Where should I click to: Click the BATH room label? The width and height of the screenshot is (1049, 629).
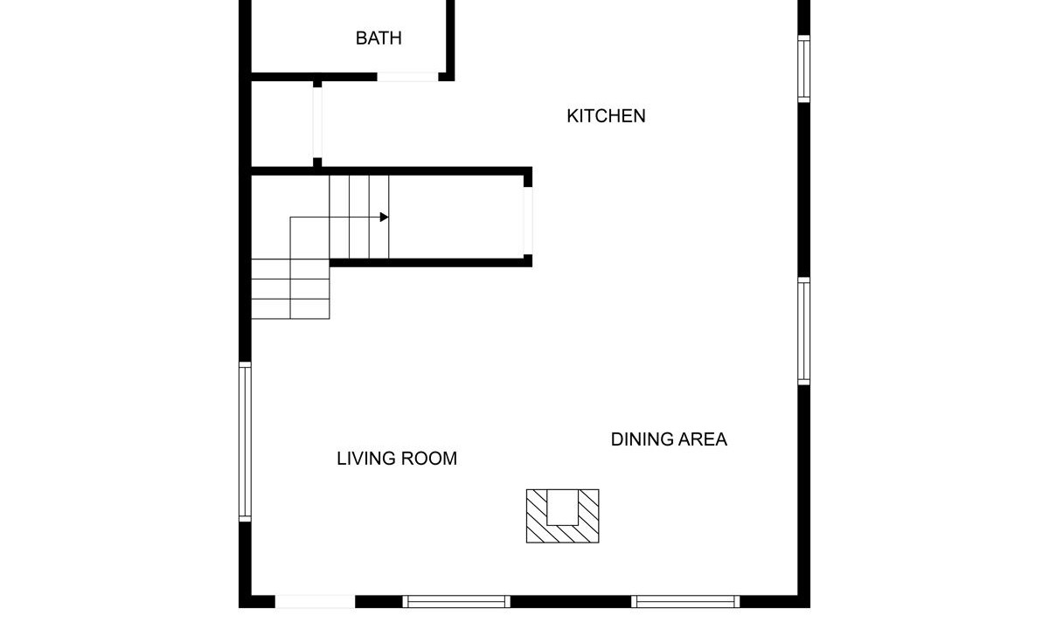coord(379,38)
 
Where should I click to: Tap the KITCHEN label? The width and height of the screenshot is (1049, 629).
coord(606,116)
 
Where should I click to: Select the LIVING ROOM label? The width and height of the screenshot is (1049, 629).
coord(397,459)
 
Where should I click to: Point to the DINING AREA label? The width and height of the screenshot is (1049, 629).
coord(669,439)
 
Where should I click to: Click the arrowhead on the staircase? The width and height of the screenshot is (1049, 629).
coord(384,218)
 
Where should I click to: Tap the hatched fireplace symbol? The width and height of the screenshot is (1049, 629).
coord(562,516)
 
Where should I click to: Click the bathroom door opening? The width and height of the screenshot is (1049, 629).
coord(408,77)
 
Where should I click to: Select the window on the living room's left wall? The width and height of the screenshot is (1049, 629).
coord(245,442)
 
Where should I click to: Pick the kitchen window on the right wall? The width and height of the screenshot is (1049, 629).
coord(803,69)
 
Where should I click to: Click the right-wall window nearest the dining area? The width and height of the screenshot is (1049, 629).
coord(803,331)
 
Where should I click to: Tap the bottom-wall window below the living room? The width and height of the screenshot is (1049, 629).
coord(456,601)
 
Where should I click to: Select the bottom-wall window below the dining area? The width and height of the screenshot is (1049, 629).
coord(685,601)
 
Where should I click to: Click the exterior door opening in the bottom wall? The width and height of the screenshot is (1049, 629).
coord(315,601)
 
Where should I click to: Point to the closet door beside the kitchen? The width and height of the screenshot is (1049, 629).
coord(317,122)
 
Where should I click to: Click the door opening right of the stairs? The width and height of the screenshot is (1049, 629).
coord(528,221)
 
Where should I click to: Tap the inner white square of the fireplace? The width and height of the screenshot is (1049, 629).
coord(562,508)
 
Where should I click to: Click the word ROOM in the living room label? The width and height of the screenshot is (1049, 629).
coord(429,459)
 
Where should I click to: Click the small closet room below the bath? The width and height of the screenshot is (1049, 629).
coord(282,123)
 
